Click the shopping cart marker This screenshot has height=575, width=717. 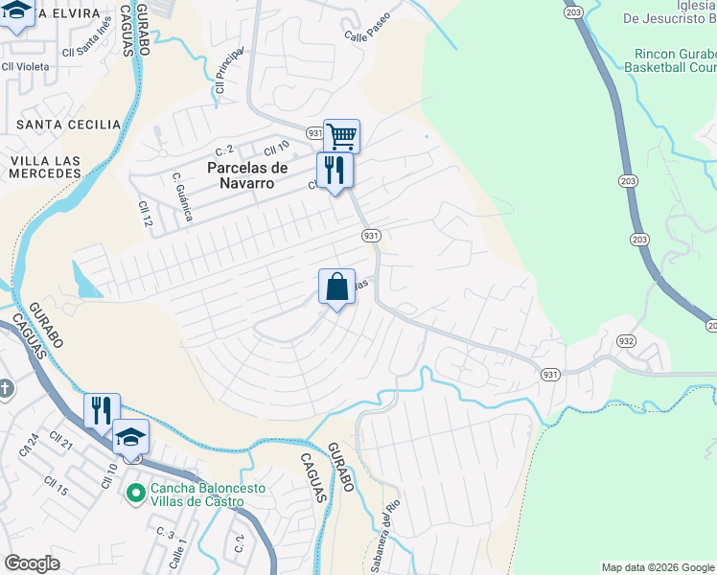coord(341,135)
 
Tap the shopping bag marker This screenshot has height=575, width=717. coord(336,286)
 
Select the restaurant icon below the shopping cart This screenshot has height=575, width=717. coord(335,171)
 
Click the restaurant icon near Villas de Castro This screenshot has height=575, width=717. coord(101,410)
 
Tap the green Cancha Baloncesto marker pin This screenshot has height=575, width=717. coord(135,493)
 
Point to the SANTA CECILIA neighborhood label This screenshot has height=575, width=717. coord(69,125)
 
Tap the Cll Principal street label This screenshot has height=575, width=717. coord(228,73)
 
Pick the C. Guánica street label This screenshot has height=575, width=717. coord(183,196)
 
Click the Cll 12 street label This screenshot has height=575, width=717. coord(145,214)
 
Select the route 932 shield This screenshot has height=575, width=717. coord(626,340)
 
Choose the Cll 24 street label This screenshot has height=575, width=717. coord(29,446)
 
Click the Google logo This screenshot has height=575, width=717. coord(33,563)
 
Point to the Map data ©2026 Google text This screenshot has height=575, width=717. coord(657,567)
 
